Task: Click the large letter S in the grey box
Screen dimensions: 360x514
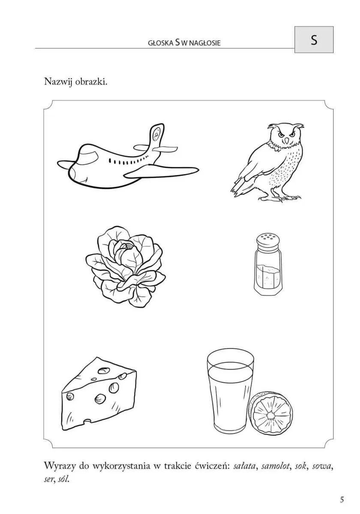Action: click(x=314, y=40)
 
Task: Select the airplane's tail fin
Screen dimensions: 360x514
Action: click(x=156, y=137)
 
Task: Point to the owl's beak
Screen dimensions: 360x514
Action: click(x=286, y=140)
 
